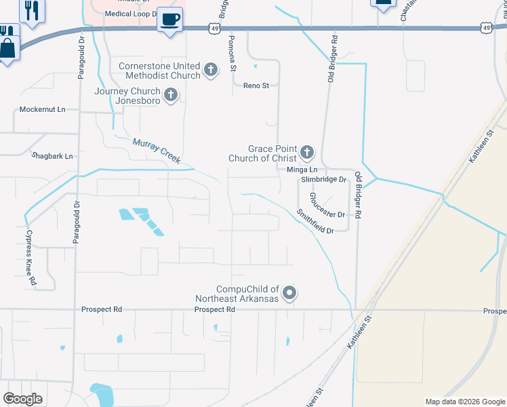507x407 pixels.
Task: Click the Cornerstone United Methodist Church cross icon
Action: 211,69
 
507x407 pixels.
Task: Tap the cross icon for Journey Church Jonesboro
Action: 171,94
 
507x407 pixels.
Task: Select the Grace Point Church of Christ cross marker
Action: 307,151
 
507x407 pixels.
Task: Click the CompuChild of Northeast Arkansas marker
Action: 289,293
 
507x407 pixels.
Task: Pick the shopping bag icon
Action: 8,49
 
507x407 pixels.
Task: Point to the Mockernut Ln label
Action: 42,109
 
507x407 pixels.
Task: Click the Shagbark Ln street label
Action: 52,156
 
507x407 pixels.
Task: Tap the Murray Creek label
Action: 157,151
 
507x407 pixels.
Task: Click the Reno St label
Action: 256,85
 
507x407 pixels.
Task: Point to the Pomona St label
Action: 232,54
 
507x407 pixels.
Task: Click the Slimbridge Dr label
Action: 324,180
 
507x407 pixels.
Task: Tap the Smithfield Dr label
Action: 315,221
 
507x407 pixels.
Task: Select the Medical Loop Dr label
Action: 131,13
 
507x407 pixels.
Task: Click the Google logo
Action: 22,399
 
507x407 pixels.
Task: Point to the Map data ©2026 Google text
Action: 464,402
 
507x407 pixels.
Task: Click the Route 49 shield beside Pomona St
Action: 215,28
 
